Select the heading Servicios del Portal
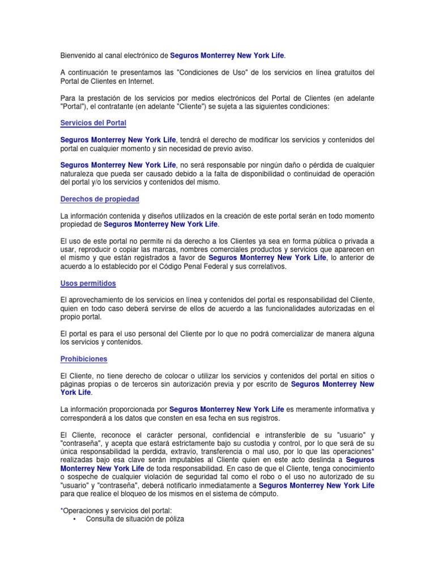(x=93, y=123)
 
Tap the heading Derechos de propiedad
(x=100, y=199)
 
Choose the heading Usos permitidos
(x=88, y=283)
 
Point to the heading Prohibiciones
(x=84, y=359)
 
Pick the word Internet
(x=144, y=81)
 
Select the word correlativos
(x=267, y=266)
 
